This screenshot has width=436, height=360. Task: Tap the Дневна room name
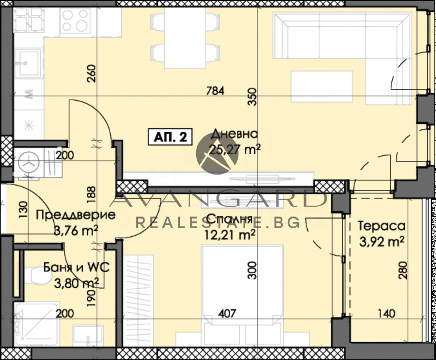pyautogui.click(x=234, y=134)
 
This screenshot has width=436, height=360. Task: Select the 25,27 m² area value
pyautogui.click(x=234, y=149)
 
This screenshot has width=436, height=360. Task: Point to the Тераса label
pyautogui.click(x=381, y=226)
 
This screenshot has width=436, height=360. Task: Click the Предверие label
pyautogui.click(x=76, y=215)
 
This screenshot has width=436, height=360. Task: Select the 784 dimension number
pyautogui.click(x=215, y=90)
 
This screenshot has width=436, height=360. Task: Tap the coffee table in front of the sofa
pyautogui.click(x=322, y=87)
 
